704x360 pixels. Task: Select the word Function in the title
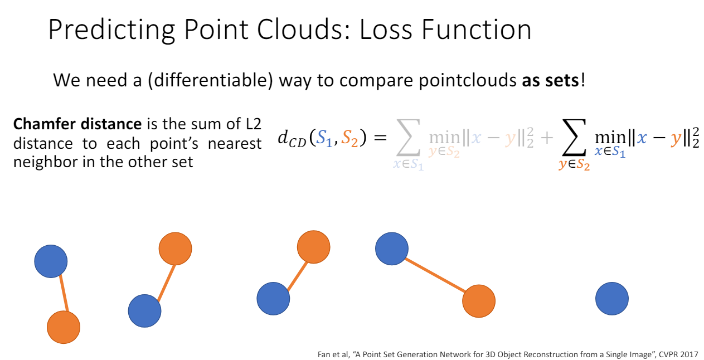[477, 29]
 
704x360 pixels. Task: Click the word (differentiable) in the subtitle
[210, 80]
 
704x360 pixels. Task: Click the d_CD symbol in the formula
[292, 139]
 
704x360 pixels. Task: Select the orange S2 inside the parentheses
[349, 138]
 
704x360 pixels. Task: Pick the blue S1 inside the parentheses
[324, 138]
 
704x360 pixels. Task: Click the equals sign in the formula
[380, 138]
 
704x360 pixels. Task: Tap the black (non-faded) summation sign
[574, 138]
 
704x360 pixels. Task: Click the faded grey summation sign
[408, 138]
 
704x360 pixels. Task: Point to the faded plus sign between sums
[547, 138]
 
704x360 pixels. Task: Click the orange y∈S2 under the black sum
[574, 164]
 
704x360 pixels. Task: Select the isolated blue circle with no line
[612, 299]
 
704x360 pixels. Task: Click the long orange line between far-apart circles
[435, 275]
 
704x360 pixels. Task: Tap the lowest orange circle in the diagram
[64, 327]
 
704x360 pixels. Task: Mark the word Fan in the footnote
[323, 354]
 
